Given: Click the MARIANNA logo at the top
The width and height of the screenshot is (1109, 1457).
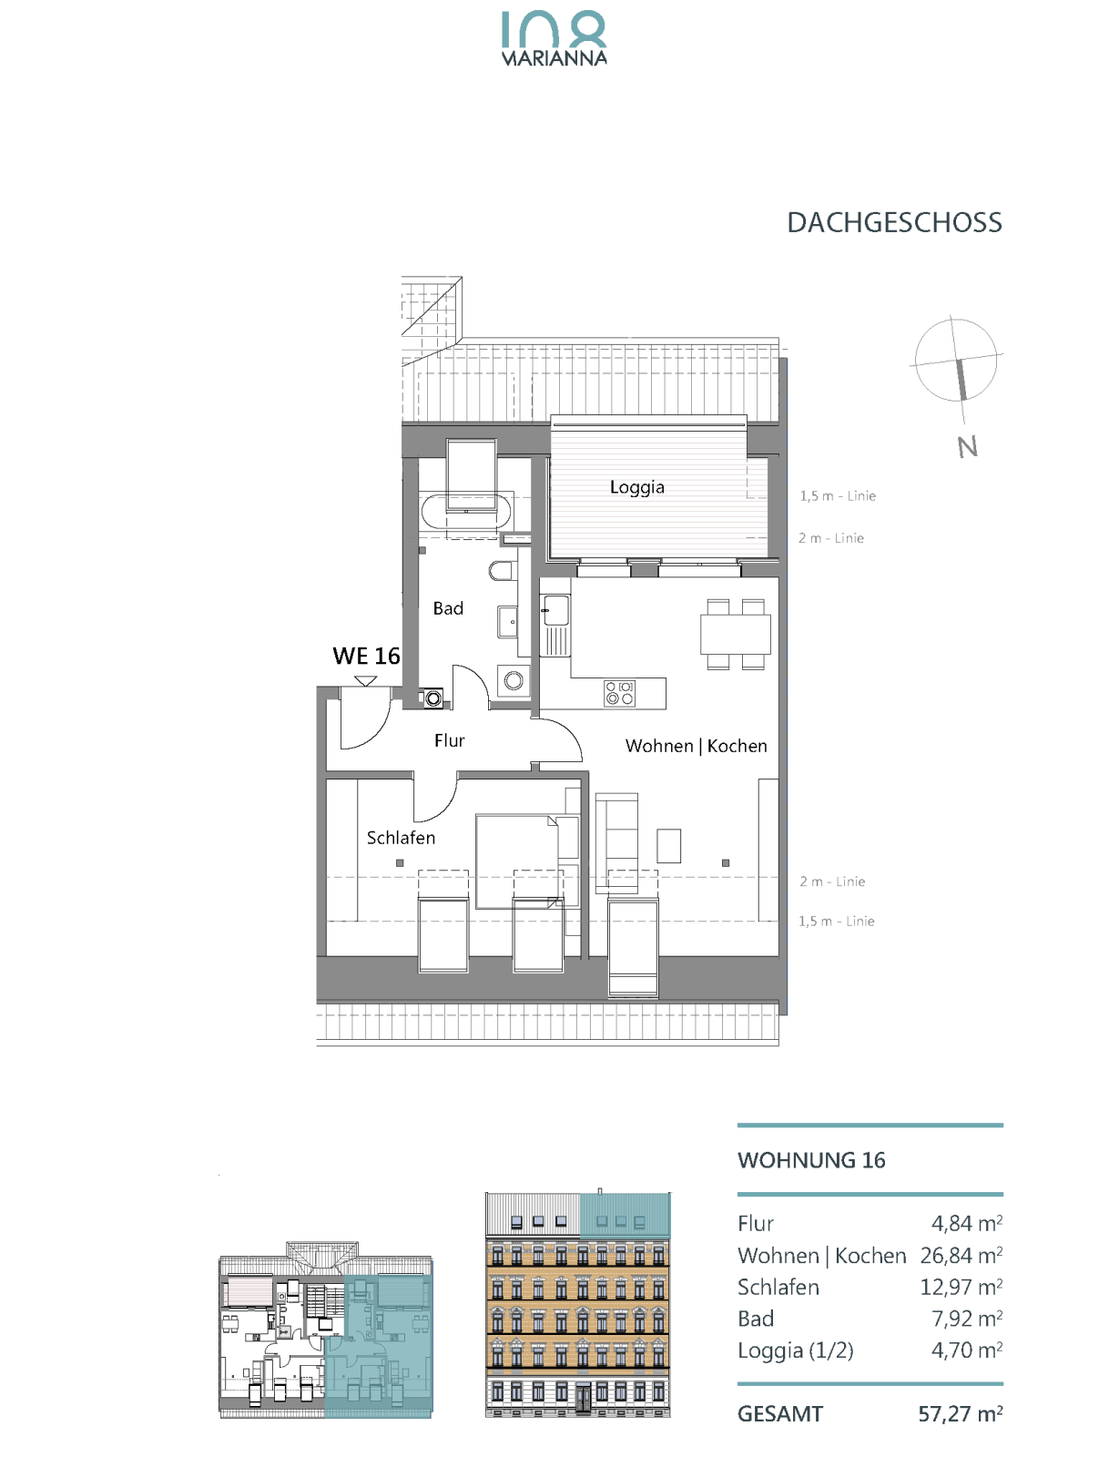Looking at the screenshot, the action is [x=554, y=38].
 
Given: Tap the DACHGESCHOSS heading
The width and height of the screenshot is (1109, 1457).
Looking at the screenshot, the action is [x=894, y=223].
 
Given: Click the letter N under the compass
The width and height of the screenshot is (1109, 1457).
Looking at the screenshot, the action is [x=968, y=447].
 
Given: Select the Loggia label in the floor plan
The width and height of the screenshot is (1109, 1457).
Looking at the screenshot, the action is [x=636, y=487].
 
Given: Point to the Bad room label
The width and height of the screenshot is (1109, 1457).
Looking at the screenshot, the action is [x=448, y=608].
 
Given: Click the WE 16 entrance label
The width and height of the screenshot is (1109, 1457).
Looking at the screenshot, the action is [x=366, y=656].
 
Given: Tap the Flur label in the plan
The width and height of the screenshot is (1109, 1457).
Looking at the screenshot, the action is [x=449, y=740].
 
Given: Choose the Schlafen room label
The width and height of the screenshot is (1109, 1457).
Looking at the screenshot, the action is [x=401, y=838].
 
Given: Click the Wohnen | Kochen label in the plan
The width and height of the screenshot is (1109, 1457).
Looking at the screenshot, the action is [x=696, y=746].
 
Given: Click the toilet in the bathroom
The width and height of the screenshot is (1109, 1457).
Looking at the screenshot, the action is [x=503, y=571].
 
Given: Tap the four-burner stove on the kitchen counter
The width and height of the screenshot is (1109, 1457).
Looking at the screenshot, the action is [x=619, y=693].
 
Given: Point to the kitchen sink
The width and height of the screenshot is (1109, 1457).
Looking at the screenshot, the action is [x=556, y=610].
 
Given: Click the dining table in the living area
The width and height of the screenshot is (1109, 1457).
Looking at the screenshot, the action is [x=736, y=635].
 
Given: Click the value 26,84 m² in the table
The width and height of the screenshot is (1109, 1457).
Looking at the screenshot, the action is [x=961, y=1255].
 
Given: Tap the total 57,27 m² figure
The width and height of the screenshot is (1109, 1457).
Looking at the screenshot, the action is [x=960, y=1414].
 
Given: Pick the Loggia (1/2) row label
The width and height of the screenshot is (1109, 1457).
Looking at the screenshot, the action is [x=795, y=1350].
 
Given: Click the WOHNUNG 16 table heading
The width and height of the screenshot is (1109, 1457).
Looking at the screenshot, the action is [x=811, y=1159].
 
